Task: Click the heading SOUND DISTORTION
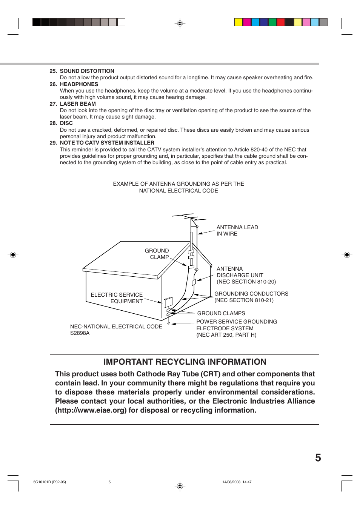[x=87, y=71]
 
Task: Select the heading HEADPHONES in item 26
[x=79, y=84]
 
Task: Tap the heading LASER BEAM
[x=78, y=104]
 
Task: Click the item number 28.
[x=53, y=123]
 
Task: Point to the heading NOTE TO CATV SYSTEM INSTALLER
[x=107, y=143]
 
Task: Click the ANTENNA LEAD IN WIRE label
[x=237, y=230]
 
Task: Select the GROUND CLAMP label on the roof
[x=157, y=254]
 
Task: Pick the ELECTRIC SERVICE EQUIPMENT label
[x=117, y=298]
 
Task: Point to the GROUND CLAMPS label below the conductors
[x=221, y=313]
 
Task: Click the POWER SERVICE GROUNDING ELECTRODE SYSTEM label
[x=236, y=328]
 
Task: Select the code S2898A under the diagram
[x=80, y=333]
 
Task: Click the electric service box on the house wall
[x=168, y=302]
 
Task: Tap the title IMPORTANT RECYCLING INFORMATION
[x=185, y=362]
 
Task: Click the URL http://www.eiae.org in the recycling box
[x=91, y=410]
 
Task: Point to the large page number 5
[x=318, y=458]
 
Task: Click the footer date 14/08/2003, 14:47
[x=237, y=482]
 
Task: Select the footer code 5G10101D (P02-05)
[x=49, y=482]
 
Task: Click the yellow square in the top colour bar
[x=238, y=22]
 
